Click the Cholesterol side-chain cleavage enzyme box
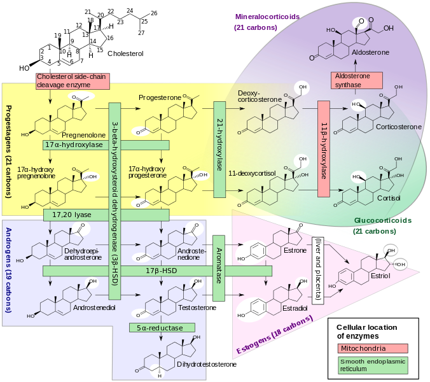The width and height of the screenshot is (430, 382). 73,81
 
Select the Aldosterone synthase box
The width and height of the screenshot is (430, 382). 356,80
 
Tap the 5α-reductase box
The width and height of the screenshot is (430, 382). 156,328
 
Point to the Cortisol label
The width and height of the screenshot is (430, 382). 389,198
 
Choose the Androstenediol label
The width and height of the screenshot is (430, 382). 95,308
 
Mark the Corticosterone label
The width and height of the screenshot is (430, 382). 398,127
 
